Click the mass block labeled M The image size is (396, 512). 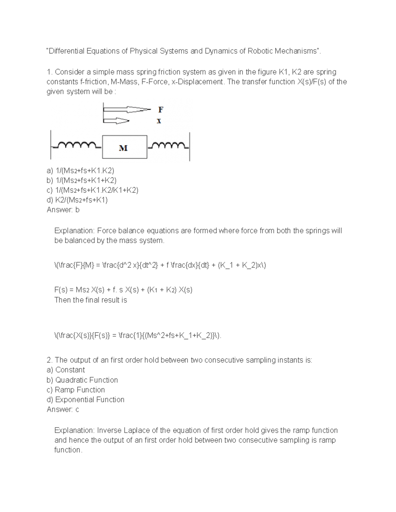124,147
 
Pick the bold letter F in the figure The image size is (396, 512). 160,109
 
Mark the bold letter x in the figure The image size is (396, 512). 159,121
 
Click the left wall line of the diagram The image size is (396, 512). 50,145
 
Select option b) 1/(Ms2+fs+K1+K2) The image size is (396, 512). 82,180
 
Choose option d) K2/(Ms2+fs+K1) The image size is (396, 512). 77,200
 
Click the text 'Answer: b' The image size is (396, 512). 63,210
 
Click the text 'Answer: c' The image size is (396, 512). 63,409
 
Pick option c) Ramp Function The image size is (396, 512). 76,390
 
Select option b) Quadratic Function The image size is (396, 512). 82,380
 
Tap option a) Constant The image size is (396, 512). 66,370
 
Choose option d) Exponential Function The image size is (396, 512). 85,400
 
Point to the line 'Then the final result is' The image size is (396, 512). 90,300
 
